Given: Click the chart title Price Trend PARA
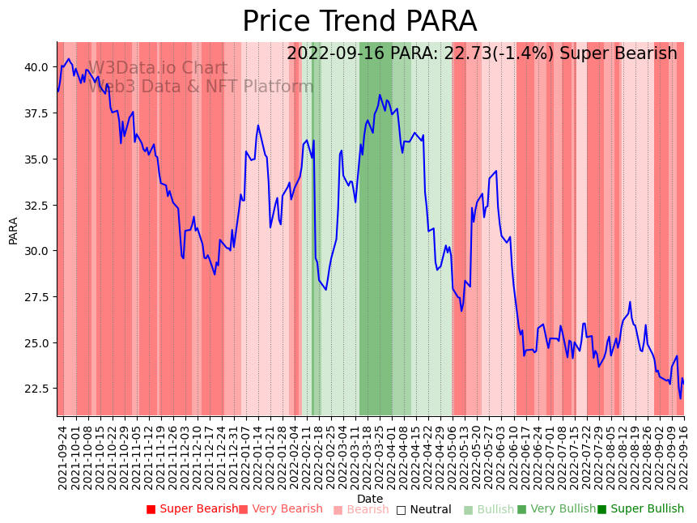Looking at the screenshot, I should tap(359, 22).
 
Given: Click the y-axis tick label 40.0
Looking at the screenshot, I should tap(37, 67).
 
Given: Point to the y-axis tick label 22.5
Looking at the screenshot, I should tap(37, 389).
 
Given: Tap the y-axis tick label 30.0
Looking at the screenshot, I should tap(37, 251).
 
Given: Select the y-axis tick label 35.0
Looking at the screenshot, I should tap(37, 159).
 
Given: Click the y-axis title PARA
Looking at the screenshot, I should tap(14, 230).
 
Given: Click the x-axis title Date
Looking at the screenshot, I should tap(370, 500).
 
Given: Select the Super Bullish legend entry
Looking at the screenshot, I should tap(640, 509).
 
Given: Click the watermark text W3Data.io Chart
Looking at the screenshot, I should tap(158, 69).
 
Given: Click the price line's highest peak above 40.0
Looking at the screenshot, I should tap(69, 59).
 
